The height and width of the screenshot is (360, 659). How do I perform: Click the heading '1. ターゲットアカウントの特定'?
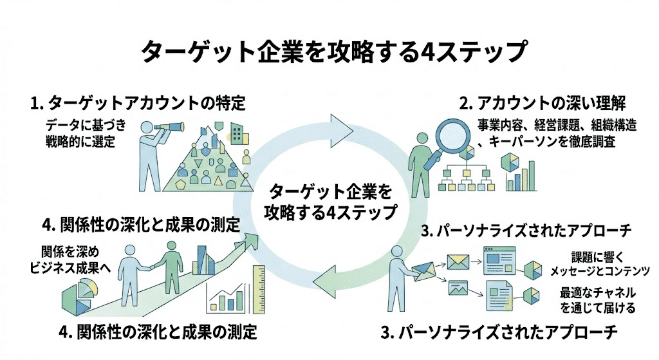138,102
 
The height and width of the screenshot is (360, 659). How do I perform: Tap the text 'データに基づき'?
82,125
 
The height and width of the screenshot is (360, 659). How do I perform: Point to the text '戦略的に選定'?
80,141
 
